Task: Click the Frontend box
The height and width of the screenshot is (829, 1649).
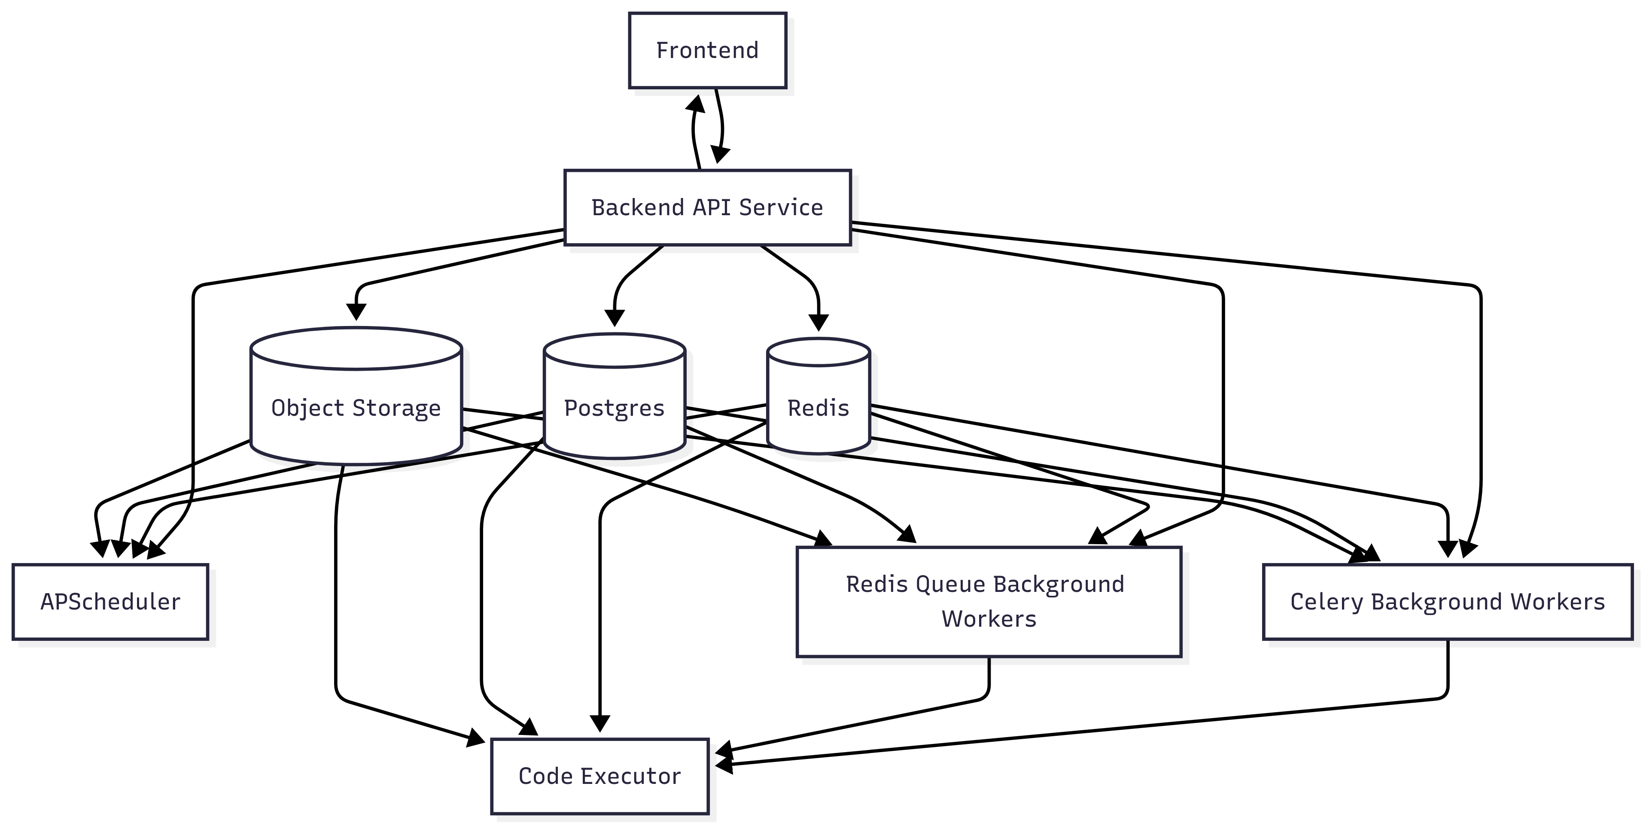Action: click(707, 50)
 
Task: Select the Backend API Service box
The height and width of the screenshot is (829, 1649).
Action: click(707, 207)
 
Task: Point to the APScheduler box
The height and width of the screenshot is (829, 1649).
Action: click(110, 602)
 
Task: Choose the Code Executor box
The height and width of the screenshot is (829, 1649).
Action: click(600, 776)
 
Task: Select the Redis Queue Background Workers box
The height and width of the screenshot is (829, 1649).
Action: click(989, 602)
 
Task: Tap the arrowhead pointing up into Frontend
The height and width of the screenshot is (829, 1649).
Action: click(696, 104)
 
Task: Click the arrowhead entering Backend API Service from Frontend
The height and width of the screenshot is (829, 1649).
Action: click(720, 154)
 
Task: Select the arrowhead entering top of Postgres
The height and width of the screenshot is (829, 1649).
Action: click(615, 317)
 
